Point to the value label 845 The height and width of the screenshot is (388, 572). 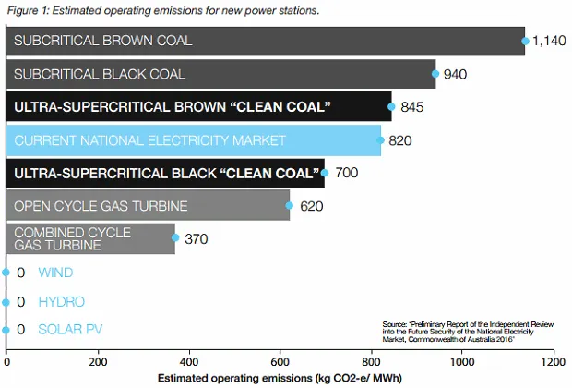(412, 107)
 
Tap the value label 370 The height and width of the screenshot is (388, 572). (197, 239)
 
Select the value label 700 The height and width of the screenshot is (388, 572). (345, 173)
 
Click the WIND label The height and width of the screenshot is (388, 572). (54, 273)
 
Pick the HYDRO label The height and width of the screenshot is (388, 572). (61, 302)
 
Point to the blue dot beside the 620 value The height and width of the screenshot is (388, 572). (290, 206)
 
